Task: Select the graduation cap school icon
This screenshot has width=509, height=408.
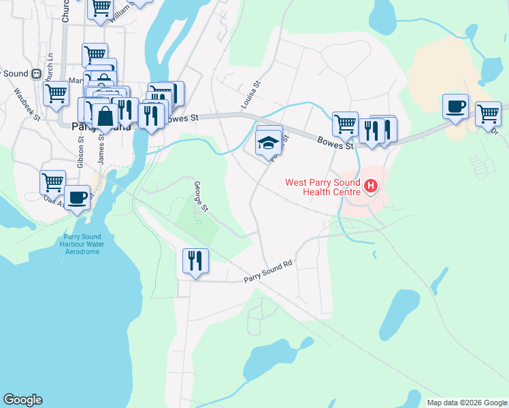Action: (x=269, y=143)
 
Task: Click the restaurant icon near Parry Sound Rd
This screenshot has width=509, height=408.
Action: (x=195, y=261)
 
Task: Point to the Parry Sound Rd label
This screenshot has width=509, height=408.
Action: (x=268, y=273)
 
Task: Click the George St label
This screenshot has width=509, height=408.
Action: (x=200, y=194)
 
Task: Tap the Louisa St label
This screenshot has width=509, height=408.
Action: (x=251, y=96)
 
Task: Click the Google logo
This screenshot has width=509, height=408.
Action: (x=22, y=400)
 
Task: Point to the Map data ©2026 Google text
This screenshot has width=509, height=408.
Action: (x=466, y=403)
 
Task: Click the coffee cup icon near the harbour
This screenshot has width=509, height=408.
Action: (x=78, y=197)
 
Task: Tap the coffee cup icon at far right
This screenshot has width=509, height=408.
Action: (x=455, y=107)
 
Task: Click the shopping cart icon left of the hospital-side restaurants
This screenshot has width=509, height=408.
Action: (x=345, y=125)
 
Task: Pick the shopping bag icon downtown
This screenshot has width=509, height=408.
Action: (x=105, y=116)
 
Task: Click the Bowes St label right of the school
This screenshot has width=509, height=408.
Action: (x=335, y=143)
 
